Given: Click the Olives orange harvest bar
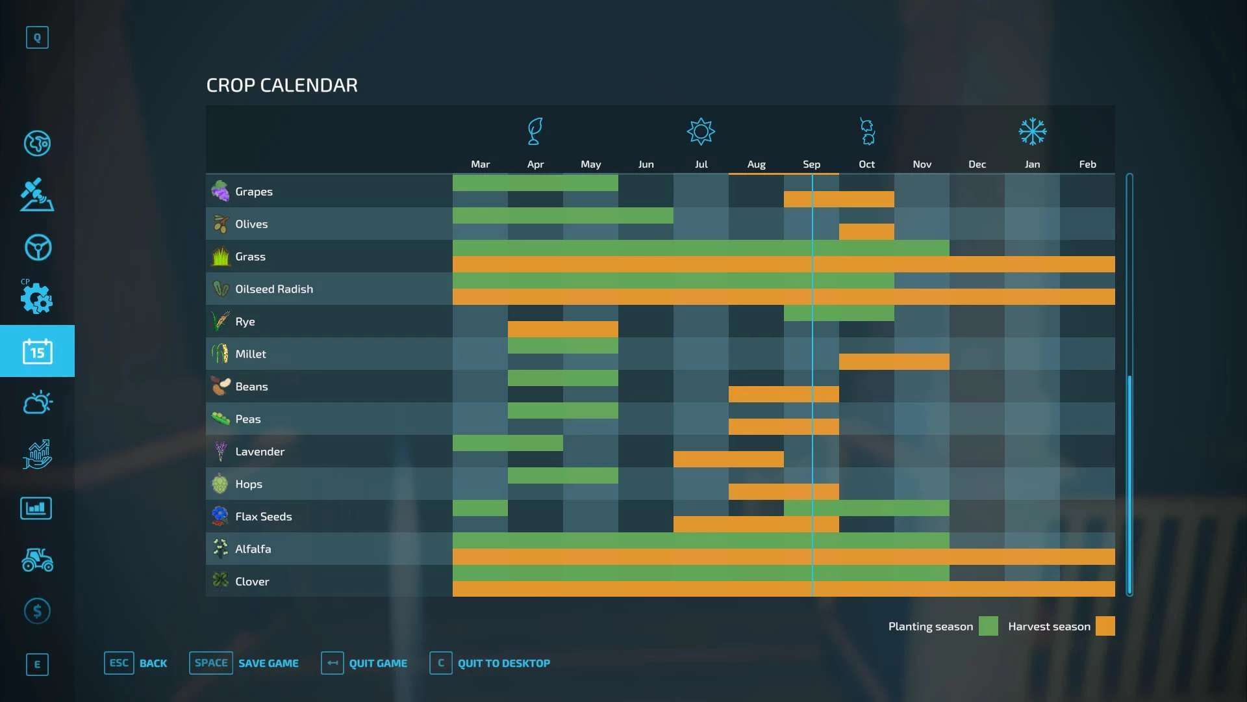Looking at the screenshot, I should pyautogui.click(x=866, y=231).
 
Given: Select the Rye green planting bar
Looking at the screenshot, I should pyautogui.click(x=838, y=313).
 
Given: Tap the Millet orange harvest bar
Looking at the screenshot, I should pyautogui.click(x=894, y=361).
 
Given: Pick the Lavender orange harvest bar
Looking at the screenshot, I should pyautogui.click(x=728, y=459).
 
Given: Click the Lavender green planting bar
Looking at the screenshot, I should pyautogui.click(x=507, y=443).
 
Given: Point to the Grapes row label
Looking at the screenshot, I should pyautogui.click(x=253, y=192).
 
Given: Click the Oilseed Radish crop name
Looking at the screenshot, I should pyautogui.click(x=273, y=289).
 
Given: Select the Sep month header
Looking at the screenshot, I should pyautogui.click(x=811, y=164).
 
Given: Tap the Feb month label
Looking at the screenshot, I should pyautogui.click(x=1087, y=164).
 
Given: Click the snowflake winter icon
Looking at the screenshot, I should pyautogui.click(x=1032, y=132).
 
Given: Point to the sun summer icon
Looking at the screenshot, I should pyautogui.click(x=701, y=132).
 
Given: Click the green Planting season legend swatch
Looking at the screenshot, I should pyautogui.click(x=988, y=626).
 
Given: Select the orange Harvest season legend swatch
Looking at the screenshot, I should pyautogui.click(x=1105, y=626).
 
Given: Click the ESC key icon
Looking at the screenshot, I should pyautogui.click(x=119, y=663).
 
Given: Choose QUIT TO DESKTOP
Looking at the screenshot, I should pyautogui.click(x=503, y=664).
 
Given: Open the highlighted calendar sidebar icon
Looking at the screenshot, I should pyautogui.click(x=37, y=351).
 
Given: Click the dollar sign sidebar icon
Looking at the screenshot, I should pyautogui.click(x=37, y=611).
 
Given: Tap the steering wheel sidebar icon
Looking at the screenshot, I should pyautogui.click(x=38, y=248).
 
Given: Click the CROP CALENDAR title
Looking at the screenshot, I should pyautogui.click(x=282, y=85).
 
